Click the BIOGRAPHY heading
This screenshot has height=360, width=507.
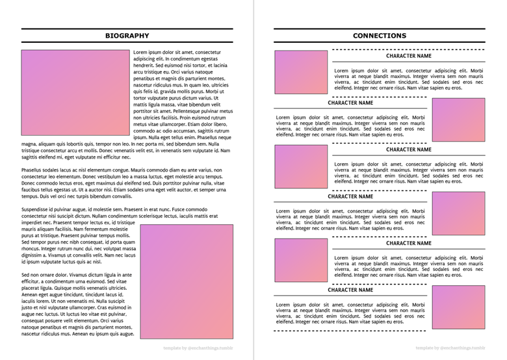(x=127, y=36)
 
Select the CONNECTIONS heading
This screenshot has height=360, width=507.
(x=380, y=36)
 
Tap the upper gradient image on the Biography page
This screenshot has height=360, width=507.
(x=75, y=92)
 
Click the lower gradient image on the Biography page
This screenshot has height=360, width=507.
(x=187, y=281)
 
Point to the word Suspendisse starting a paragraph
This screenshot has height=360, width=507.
(x=37, y=209)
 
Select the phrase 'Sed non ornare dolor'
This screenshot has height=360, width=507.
(x=45, y=275)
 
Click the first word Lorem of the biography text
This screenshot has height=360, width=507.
(x=140, y=52)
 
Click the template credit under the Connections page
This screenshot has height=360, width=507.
(x=450, y=348)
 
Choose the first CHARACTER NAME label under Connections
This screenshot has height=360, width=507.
(x=408, y=56)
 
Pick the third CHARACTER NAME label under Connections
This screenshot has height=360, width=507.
(x=408, y=149)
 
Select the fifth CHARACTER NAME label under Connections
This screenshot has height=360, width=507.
(x=408, y=243)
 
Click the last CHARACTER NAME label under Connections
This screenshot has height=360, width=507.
(x=350, y=290)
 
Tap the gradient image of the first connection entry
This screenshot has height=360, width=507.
(x=301, y=72)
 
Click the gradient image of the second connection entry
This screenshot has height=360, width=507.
(x=458, y=120)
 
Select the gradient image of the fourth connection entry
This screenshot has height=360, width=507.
(x=458, y=213)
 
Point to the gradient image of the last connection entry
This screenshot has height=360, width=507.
(x=458, y=307)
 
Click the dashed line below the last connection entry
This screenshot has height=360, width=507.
(x=379, y=331)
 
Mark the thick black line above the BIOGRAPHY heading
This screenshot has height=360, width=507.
(x=127, y=29)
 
